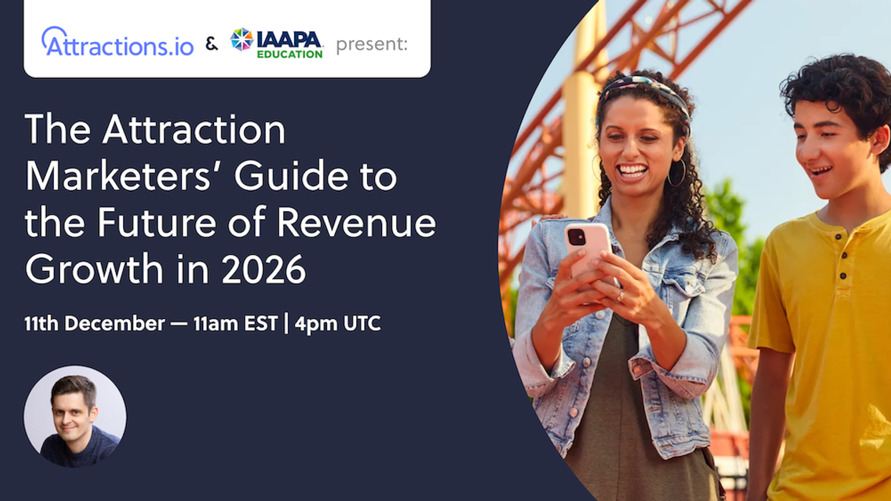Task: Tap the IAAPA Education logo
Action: [x=277, y=43]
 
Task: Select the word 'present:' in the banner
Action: [x=371, y=44]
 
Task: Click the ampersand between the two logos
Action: [x=212, y=44]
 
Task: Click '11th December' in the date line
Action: [x=94, y=324]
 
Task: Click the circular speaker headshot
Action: [x=75, y=417]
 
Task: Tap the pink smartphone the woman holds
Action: [x=588, y=243]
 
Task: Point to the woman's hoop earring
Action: [x=676, y=173]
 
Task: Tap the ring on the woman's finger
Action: [x=620, y=294]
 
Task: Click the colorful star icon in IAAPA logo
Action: [x=241, y=39]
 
